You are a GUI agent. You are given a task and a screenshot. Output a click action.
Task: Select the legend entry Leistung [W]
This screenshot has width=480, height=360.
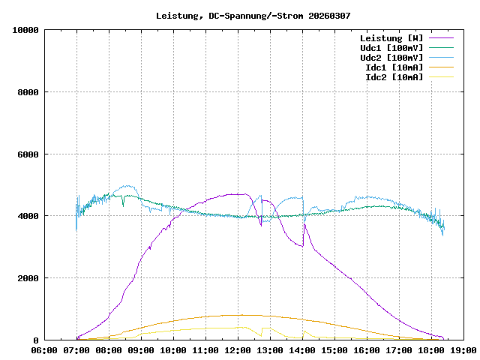click(x=391, y=38)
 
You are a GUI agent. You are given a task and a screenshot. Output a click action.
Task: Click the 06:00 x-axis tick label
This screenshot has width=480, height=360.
click(x=44, y=350)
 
